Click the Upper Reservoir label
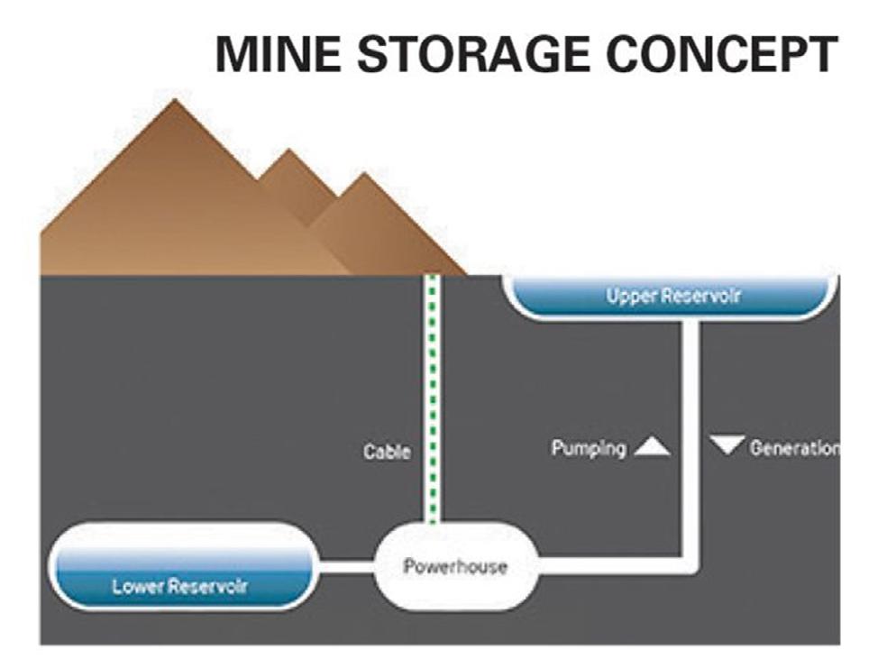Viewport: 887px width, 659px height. point(673,296)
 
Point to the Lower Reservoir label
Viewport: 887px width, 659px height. point(179,588)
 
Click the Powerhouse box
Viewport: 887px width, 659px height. point(454,567)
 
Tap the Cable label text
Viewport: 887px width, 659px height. point(387,452)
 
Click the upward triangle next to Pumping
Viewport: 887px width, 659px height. point(652,446)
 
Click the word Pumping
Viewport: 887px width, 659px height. point(589,448)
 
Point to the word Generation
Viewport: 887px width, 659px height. point(793,448)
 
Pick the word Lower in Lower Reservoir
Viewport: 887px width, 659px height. point(137,588)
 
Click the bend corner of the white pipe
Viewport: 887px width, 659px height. point(691,565)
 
